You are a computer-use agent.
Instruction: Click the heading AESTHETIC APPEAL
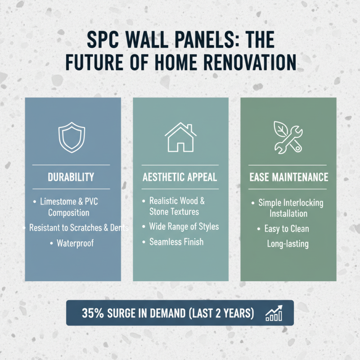tap(180, 177)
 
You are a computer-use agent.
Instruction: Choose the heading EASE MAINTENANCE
tap(288, 177)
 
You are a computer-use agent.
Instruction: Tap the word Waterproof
tap(75, 243)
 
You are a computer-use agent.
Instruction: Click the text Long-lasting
tap(288, 244)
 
